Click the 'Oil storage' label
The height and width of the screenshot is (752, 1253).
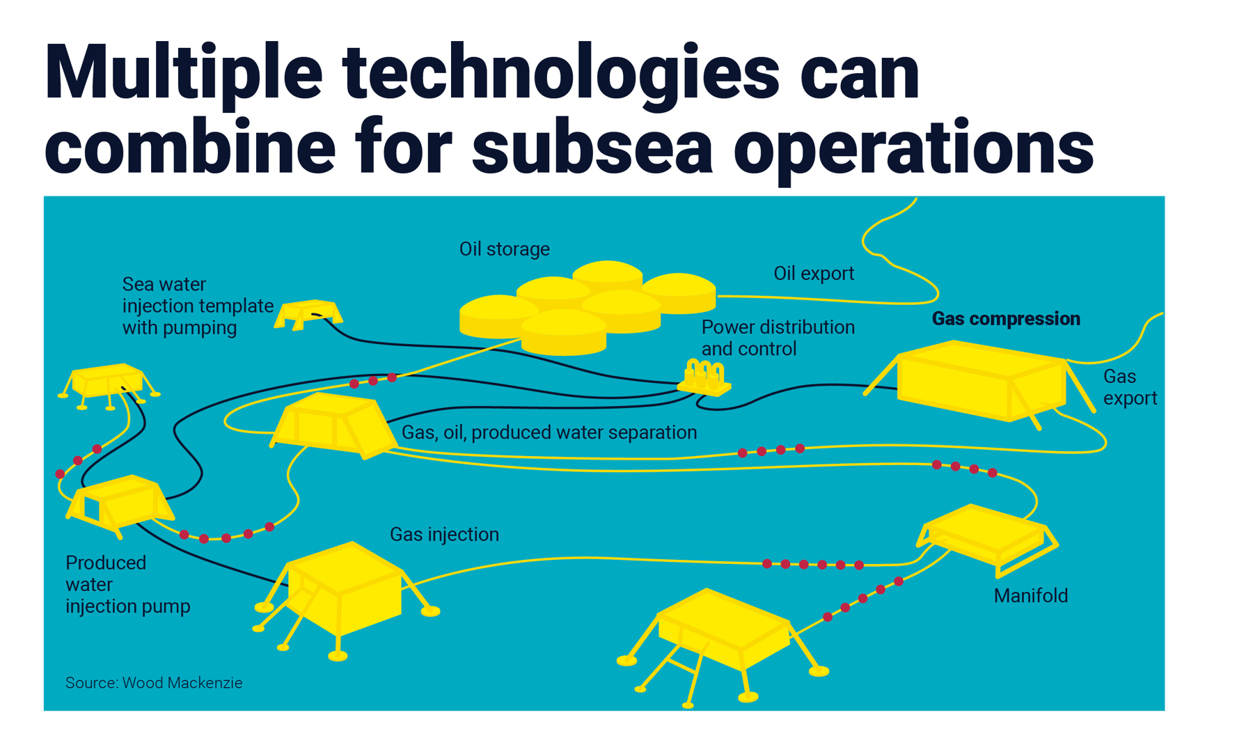(505, 249)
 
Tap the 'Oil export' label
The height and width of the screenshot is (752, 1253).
(814, 274)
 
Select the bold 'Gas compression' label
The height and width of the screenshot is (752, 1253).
(1006, 319)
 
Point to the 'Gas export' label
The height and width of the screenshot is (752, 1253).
(1130, 387)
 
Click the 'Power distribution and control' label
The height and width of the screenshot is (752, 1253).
(778, 338)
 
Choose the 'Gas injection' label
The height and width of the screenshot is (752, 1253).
(444, 535)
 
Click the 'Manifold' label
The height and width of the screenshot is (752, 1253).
(1030, 596)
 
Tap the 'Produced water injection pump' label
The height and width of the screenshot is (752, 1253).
(128, 584)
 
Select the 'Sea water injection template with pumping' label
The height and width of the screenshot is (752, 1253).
(198, 306)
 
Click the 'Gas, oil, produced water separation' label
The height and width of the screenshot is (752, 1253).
(549, 432)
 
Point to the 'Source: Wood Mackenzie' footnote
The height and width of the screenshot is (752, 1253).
(154, 683)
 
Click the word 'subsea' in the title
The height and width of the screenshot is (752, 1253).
(593, 148)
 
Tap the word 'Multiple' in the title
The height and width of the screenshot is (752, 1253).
(184, 73)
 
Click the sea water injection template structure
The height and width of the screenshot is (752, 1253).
(308, 314)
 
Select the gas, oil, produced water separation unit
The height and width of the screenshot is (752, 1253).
(332, 425)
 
